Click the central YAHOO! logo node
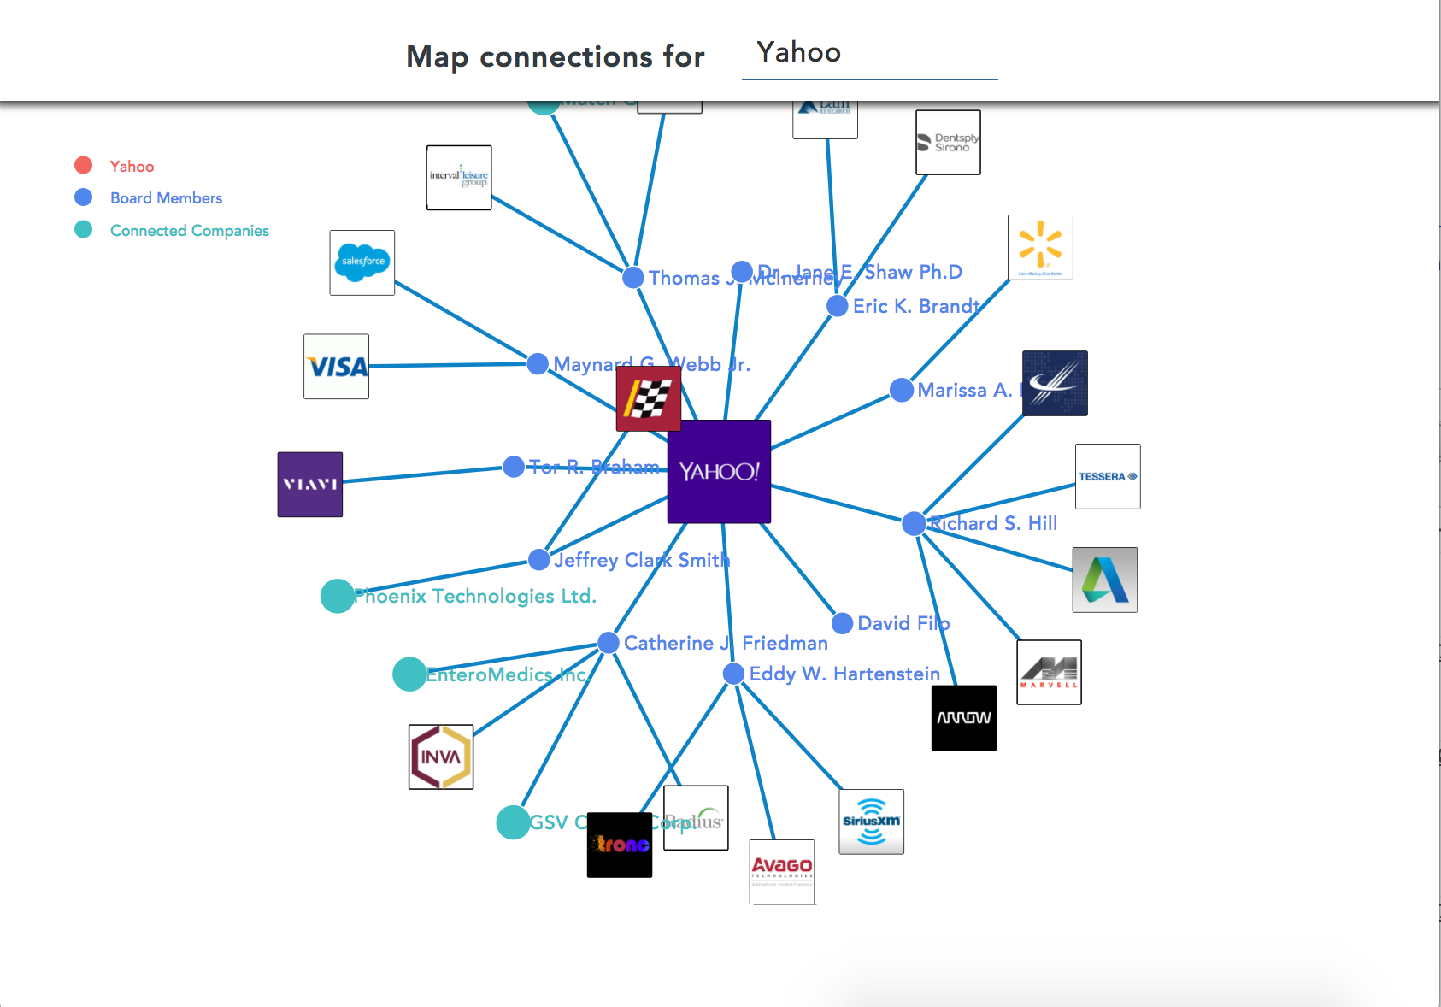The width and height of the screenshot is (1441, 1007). (719, 471)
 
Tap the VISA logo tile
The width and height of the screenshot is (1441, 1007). (337, 367)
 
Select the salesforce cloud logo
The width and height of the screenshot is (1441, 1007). (362, 262)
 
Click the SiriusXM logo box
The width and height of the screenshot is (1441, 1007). (871, 821)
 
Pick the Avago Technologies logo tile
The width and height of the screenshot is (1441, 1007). (782, 871)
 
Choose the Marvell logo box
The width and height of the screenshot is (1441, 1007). (1049, 672)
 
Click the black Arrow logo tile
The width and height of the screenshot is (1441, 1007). (963, 718)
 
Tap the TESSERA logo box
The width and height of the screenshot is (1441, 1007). (1108, 476)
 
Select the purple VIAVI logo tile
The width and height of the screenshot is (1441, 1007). (310, 485)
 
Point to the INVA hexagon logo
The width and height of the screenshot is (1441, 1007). (441, 757)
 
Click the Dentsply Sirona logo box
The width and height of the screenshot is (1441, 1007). (948, 143)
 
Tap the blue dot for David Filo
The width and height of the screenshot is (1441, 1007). (842, 623)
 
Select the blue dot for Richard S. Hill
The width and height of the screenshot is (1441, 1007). (914, 523)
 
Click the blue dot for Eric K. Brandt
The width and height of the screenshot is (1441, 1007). (838, 306)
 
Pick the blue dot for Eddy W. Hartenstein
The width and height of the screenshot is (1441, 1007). (733, 674)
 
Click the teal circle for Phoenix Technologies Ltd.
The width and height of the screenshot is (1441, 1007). (337, 596)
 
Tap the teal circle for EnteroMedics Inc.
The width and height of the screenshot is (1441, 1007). (409, 674)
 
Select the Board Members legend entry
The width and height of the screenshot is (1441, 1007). (166, 198)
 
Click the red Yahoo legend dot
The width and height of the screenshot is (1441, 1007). (83, 165)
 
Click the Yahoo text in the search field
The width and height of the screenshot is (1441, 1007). (798, 53)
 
